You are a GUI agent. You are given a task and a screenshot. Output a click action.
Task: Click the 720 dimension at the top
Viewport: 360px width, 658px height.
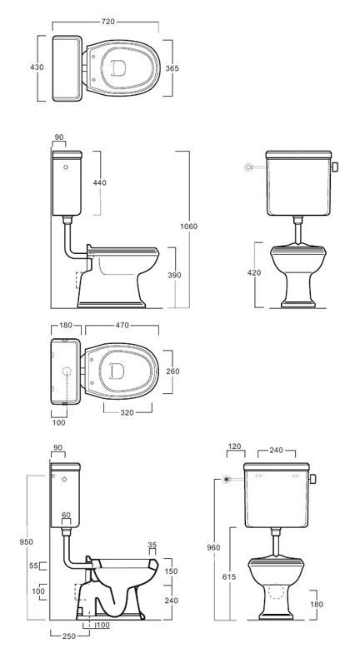108,22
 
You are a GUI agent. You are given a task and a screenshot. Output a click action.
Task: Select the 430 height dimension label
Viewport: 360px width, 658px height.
37,67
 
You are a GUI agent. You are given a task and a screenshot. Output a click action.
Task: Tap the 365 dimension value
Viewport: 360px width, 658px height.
172,68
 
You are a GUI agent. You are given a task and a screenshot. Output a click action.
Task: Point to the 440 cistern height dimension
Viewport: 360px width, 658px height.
100,182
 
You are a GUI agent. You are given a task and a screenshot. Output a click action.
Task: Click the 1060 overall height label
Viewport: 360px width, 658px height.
188,227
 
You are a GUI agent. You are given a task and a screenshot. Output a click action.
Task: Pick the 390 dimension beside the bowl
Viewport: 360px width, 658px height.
174,276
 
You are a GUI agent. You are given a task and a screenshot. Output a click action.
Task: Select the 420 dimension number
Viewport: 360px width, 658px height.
254,272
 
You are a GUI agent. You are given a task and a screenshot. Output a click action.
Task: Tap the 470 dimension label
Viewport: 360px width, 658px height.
122,325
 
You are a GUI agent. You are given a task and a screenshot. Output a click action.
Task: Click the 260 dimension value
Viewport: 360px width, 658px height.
172,371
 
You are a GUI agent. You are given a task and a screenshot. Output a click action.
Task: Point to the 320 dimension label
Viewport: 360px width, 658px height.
127,413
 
